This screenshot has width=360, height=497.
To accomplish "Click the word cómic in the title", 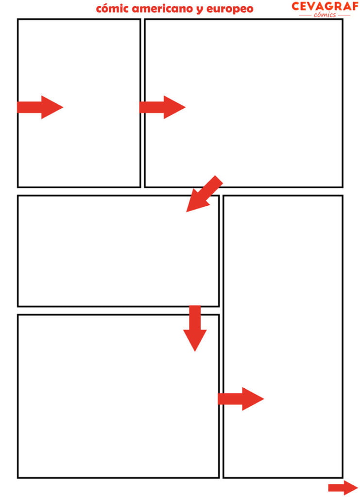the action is click(112, 9).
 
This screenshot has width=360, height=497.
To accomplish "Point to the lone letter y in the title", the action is click(200, 10).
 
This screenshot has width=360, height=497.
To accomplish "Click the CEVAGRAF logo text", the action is click(325, 6).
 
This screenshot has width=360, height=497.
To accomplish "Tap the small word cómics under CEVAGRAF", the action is click(325, 15).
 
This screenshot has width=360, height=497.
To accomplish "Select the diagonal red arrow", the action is click(204, 194).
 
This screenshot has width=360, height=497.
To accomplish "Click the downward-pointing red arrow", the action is click(195, 328).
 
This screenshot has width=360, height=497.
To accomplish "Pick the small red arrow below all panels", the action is click(343, 487).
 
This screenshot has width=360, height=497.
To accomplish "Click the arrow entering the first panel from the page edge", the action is click(40, 107).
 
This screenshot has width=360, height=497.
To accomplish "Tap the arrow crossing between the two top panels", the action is click(162, 107).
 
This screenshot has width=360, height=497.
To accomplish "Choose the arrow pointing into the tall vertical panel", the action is click(241, 399).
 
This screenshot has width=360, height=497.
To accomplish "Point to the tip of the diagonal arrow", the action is click(186, 212).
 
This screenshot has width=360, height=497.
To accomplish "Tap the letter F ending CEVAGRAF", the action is click(354, 6).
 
